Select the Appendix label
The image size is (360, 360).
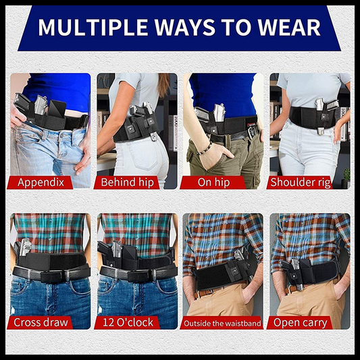click(41, 182)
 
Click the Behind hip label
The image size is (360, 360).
click(128, 182)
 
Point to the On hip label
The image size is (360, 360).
click(213, 182)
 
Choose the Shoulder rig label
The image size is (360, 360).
click(301, 182)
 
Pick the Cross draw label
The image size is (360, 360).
click(41, 322)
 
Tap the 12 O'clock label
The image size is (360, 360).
click(128, 322)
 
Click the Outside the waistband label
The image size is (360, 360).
click(222, 324)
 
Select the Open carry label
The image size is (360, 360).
click(300, 323)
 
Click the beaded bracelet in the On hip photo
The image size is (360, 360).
click(204, 149)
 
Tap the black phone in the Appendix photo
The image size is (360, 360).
click(57, 108)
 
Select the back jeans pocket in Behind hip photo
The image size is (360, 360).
click(142, 156)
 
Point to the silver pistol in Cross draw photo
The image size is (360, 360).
click(24, 247)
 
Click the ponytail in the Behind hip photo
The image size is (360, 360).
click(163, 84)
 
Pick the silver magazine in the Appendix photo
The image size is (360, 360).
click(41, 105)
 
